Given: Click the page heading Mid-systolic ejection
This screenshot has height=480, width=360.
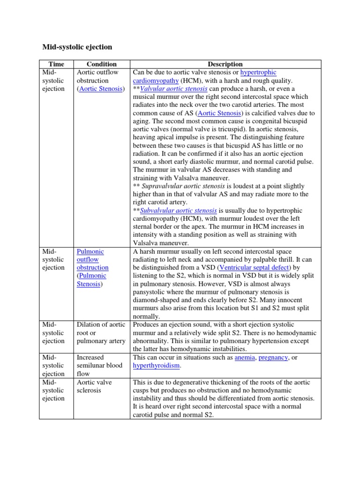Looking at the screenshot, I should [x=77, y=47].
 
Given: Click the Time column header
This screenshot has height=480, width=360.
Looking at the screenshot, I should [x=56, y=64].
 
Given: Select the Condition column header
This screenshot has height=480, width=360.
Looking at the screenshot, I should [x=102, y=64].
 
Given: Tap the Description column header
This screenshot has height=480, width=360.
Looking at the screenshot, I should [x=226, y=64].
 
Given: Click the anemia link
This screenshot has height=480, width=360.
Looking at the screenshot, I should [x=245, y=357].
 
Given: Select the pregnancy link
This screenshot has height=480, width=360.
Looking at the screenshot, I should [x=273, y=357].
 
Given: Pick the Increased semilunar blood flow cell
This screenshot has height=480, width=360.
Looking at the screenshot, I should [x=99, y=366].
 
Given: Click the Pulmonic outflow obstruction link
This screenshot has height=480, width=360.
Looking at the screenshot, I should [x=92, y=259].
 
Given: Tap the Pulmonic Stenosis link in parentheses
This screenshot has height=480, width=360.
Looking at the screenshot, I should [x=91, y=280].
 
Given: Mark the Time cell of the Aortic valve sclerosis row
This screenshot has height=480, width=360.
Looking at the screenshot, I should [x=53, y=390].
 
